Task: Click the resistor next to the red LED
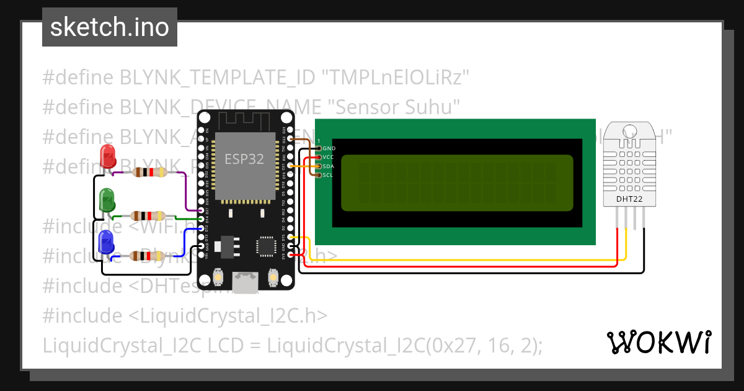click(x=149, y=172)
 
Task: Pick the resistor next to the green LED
click(x=147, y=216)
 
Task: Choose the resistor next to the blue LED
click(x=147, y=256)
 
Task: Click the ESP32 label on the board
click(x=244, y=159)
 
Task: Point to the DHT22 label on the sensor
click(x=629, y=199)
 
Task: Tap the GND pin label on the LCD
click(x=329, y=148)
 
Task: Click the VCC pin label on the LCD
click(x=329, y=157)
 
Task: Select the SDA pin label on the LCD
click(x=329, y=166)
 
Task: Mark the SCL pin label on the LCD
click(x=329, y=174)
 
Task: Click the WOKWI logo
click(x=658, y=342)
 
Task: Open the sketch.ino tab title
click(x=109, y=27)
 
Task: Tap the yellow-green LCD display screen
click(x=457, y=183)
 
